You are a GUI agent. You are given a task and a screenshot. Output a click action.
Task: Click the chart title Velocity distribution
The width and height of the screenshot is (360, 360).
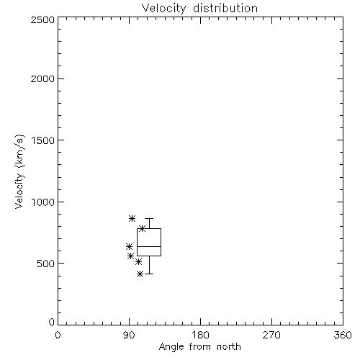(x=199, y=9)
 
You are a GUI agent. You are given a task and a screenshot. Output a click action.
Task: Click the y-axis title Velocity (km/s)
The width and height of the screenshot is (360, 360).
(x=19, y=171)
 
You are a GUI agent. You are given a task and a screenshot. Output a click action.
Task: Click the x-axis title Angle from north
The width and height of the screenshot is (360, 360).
(x=200, y=347)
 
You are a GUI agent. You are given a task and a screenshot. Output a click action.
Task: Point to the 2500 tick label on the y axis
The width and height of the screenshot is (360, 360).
(x=42, y=19)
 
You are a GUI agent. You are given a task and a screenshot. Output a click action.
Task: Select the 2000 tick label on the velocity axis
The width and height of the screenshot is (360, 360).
(x=42, y=78)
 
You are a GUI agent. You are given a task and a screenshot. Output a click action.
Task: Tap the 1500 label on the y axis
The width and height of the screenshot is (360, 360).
(x=43, y=140)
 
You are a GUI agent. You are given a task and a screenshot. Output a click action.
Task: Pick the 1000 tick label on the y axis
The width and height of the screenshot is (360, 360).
(x=43, y=202)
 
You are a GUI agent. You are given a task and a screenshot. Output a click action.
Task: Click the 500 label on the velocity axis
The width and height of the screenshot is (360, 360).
(x=46, y=264)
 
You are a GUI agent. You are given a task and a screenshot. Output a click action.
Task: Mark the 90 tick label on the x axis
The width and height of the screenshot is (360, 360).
(x=129, y=335)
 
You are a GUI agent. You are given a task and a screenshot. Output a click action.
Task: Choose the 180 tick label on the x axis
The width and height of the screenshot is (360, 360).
(x=200, y=335)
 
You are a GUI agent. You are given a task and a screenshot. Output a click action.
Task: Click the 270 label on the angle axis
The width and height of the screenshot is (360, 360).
(x=271, y=335)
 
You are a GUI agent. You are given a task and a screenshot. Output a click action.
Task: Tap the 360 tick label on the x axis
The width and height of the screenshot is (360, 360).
(x=343, y=335)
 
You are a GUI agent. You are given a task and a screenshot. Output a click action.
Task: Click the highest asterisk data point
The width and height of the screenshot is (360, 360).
(x=132, y=218)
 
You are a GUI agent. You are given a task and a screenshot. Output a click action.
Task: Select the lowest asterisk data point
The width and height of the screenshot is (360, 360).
(x=140, y=274)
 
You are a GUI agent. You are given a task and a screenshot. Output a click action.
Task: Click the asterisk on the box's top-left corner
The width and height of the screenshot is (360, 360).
(x=143, y=228)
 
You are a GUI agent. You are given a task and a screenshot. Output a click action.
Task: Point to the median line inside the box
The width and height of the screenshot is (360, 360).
(x=149, y=246)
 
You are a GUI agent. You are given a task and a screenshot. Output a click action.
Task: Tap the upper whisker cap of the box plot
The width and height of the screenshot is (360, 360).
(x=149, y=219)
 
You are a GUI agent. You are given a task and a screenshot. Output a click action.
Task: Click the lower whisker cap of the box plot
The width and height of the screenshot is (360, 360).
(x=149, y=274)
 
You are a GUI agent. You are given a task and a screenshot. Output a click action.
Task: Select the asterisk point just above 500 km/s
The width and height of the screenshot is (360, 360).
(x=138, y=261)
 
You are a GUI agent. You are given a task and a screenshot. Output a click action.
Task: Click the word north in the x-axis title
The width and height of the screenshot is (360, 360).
(x=229, y=347)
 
